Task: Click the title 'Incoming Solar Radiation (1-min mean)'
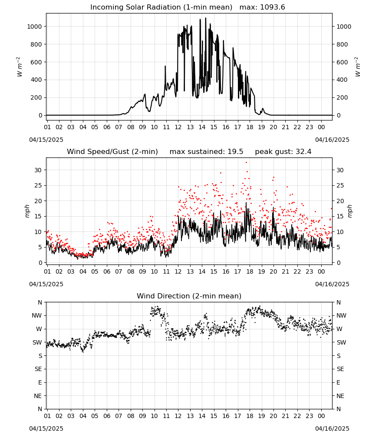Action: (x=161, y=7)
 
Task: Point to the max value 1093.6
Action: (x=272, y=7)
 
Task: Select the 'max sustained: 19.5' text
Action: (x=206, y=152)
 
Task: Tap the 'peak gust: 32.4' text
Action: (x=283, y=152)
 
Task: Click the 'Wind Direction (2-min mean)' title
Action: (x=189, y=296)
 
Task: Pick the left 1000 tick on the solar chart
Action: (x=34, y=27)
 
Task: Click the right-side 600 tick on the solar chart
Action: (x=342, y=62)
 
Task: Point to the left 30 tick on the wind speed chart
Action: (x=38, y=170)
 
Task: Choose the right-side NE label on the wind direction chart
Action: (x=340, y=396)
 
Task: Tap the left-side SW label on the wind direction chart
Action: (x=37, y=342)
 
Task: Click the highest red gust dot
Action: (x=247, y=162)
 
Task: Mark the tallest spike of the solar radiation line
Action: (x=205, y=18)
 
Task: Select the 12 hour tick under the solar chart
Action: (x=178, y=127)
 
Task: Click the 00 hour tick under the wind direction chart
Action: (x=321, y=416)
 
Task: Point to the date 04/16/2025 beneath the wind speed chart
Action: (x=332, y=284)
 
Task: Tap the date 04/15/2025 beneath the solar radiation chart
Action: (x=46, y=140)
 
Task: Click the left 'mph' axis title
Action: (x=27, y=211)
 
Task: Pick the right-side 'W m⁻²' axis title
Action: (x=358, y=67)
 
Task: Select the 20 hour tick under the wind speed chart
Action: (x=273, y=271)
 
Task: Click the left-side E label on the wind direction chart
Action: (x=40, y=382)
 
